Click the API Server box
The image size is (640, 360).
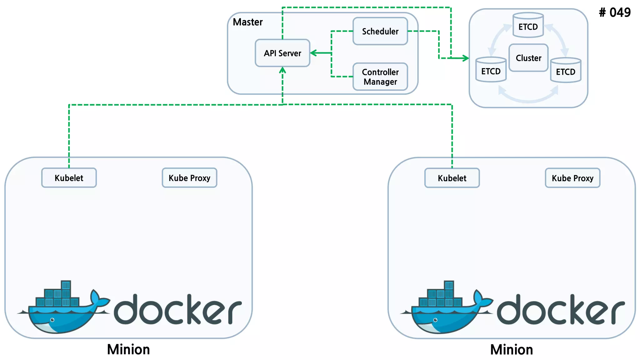coord(282,53)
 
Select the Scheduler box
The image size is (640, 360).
coord(380,31)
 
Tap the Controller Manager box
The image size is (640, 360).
coord(380,77)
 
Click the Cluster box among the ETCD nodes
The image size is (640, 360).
coord(528,58)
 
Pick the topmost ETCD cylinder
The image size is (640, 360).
coord(528,25)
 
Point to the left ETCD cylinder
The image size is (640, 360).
coord(491,70)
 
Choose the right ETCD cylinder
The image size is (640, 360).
coord(566,71)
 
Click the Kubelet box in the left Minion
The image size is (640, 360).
coord(69,178)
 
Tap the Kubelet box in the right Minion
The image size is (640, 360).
coord(452,178)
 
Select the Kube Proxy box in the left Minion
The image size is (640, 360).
coord(189,178)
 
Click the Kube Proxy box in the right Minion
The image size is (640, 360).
coord(572,178)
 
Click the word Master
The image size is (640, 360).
coord(248,22)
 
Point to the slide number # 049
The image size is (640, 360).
coord(615,13)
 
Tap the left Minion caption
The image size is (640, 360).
coord(128,349)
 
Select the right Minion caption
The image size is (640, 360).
coord(512,349)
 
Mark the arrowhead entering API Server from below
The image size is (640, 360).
coord(282,70)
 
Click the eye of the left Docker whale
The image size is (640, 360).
coord(52,320)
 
